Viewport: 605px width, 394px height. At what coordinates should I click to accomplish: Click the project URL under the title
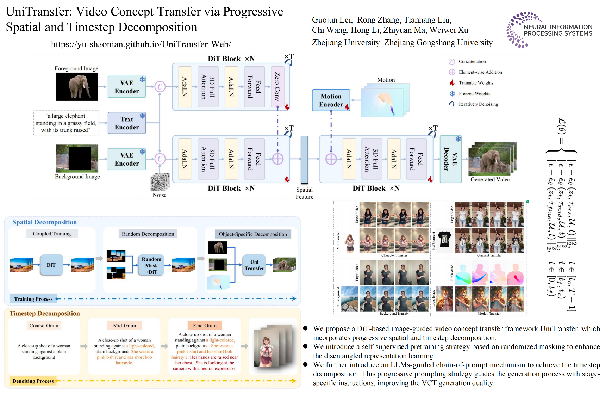click(141, 44)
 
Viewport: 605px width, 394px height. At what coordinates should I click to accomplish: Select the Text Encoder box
click(127, 123)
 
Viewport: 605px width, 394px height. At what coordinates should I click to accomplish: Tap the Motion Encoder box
click(331, 100)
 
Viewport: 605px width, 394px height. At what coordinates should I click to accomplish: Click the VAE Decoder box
click(450, 159)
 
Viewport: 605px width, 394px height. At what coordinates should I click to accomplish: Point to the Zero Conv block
click(277, 87)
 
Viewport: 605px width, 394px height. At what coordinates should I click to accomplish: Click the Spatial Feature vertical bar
click(305, 160)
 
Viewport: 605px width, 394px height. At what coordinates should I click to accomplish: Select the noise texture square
click(160, 182)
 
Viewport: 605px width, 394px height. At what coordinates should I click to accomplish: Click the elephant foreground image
click(77, 87)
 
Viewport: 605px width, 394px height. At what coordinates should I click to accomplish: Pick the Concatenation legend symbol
click(452, 62)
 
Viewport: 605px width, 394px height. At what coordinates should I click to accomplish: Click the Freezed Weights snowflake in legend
click(452, 93)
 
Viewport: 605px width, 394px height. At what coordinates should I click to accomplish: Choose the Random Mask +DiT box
click(151, 265)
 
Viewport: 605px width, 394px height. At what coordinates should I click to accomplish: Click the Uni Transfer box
click(254, 265)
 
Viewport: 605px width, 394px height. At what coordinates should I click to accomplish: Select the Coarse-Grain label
click(44, 326)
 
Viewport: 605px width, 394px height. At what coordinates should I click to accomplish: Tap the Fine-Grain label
click(205, 326)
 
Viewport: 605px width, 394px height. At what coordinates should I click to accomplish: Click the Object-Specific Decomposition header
click(253, 234)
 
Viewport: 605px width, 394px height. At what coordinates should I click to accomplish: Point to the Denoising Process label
click(33, 381)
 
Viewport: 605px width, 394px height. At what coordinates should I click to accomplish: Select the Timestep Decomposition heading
click(45, 314)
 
